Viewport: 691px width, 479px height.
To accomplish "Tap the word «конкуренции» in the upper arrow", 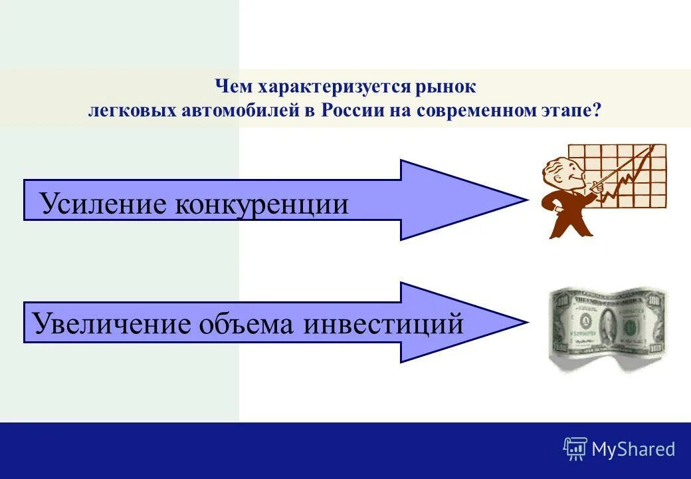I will [262, 204].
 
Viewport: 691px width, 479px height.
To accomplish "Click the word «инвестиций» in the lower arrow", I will [384, 324].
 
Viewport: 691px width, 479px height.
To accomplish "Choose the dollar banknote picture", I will [607, 327].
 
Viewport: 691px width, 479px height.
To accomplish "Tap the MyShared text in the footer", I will [633, 450].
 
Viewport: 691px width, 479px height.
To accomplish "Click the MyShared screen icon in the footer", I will [575, 449].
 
